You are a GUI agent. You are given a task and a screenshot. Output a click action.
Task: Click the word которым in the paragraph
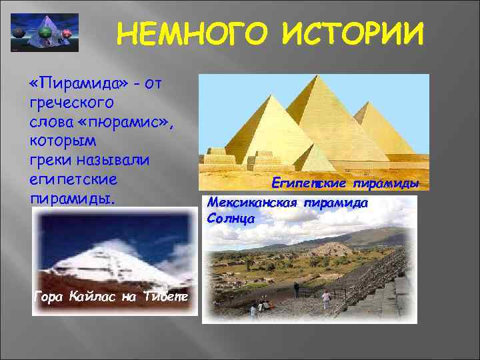point(63,141)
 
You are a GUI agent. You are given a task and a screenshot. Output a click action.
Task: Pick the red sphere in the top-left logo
point(67,34)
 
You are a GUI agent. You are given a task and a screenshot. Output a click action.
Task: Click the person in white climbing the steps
point(326,298)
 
